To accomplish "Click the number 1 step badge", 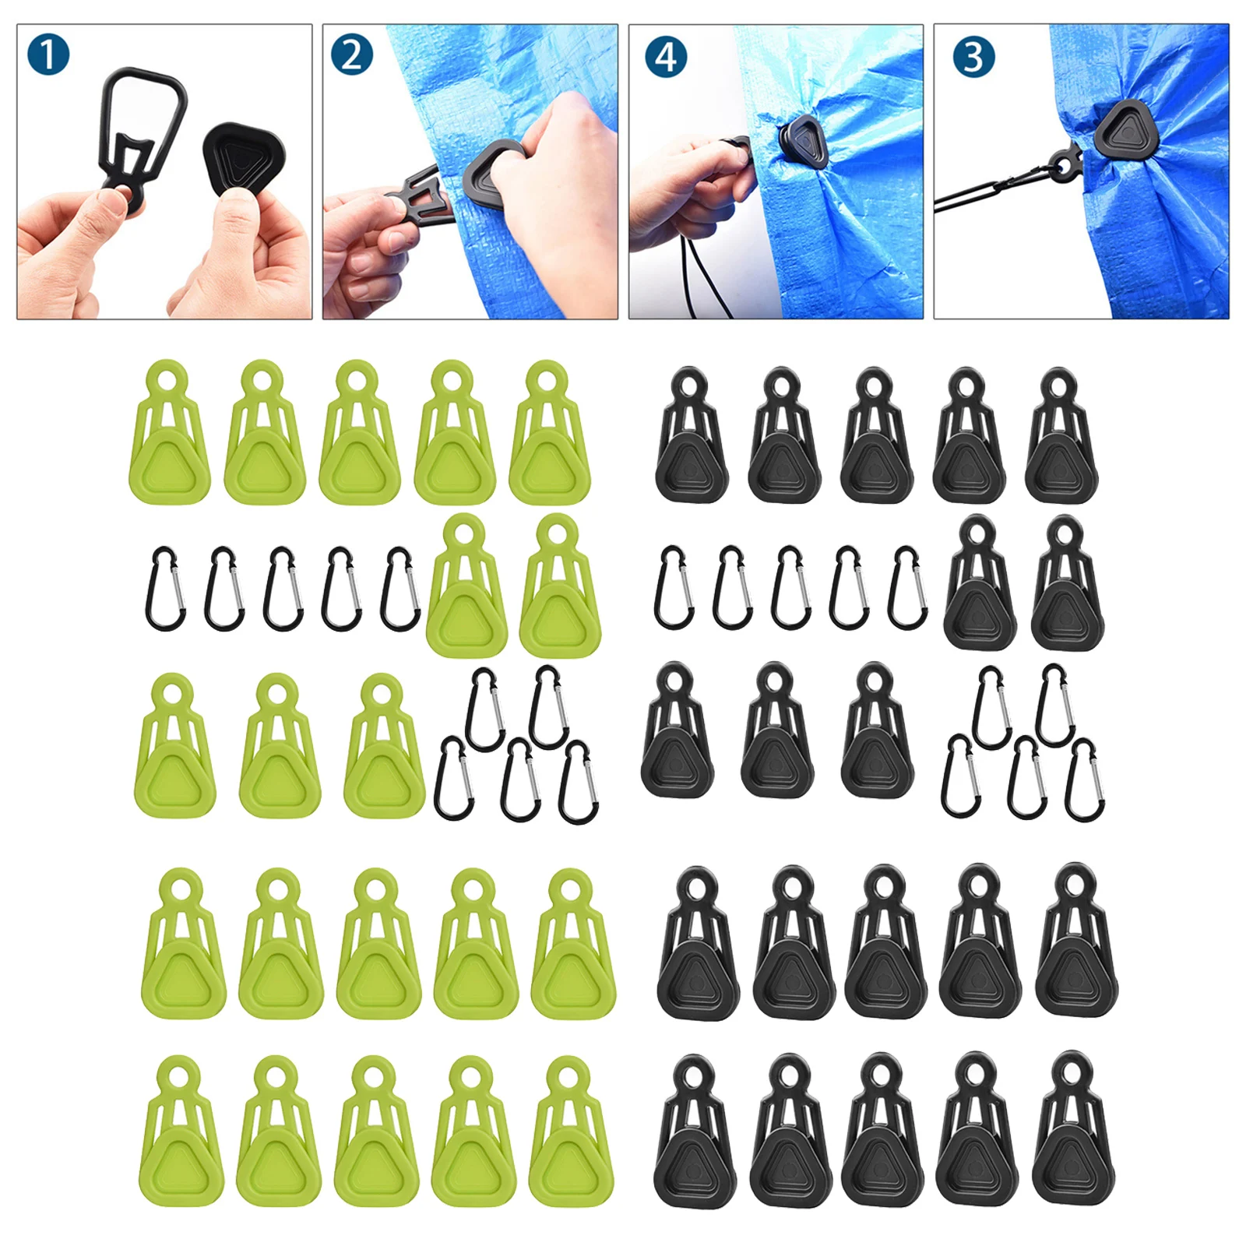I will click(48, 55).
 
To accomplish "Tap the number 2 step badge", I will click(351, 55).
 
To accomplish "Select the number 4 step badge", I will click(666, 57).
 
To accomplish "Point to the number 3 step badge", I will click(973, 57).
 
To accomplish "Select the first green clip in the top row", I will click(168, 436).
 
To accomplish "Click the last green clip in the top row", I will click(549, 436).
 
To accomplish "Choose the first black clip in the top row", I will click(692, 440).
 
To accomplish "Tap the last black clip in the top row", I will click(1061, 440).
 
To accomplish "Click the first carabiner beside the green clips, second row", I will click(165, 589).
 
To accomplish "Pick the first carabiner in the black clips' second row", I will click(674, 588).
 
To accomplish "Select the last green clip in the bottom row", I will click(571, 1134).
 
